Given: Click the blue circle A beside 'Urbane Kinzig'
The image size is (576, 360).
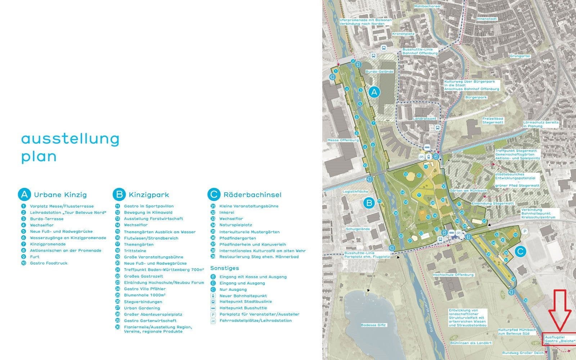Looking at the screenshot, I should click(x=24, y=195).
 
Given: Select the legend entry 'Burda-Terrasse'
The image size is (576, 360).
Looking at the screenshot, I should click(x=46, y=219).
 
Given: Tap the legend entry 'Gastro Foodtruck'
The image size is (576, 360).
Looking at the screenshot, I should click(x=49, y=263).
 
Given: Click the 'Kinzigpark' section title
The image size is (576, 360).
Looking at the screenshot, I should click(x=149, y=195).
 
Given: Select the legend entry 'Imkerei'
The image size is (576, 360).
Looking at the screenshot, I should click(x=226, y=212).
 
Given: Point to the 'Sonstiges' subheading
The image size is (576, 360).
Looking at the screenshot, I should click(x=224, y=268).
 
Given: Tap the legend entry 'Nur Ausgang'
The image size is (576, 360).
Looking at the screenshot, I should click(x=233, y=289).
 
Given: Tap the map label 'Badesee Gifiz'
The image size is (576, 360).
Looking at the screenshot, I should click(x=373, y=325).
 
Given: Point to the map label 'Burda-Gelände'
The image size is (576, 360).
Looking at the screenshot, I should click(x=379, y=72).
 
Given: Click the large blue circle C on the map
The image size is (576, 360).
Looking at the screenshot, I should click(x=520, y=251).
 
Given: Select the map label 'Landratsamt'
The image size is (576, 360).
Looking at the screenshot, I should click(x=424, y=118).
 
